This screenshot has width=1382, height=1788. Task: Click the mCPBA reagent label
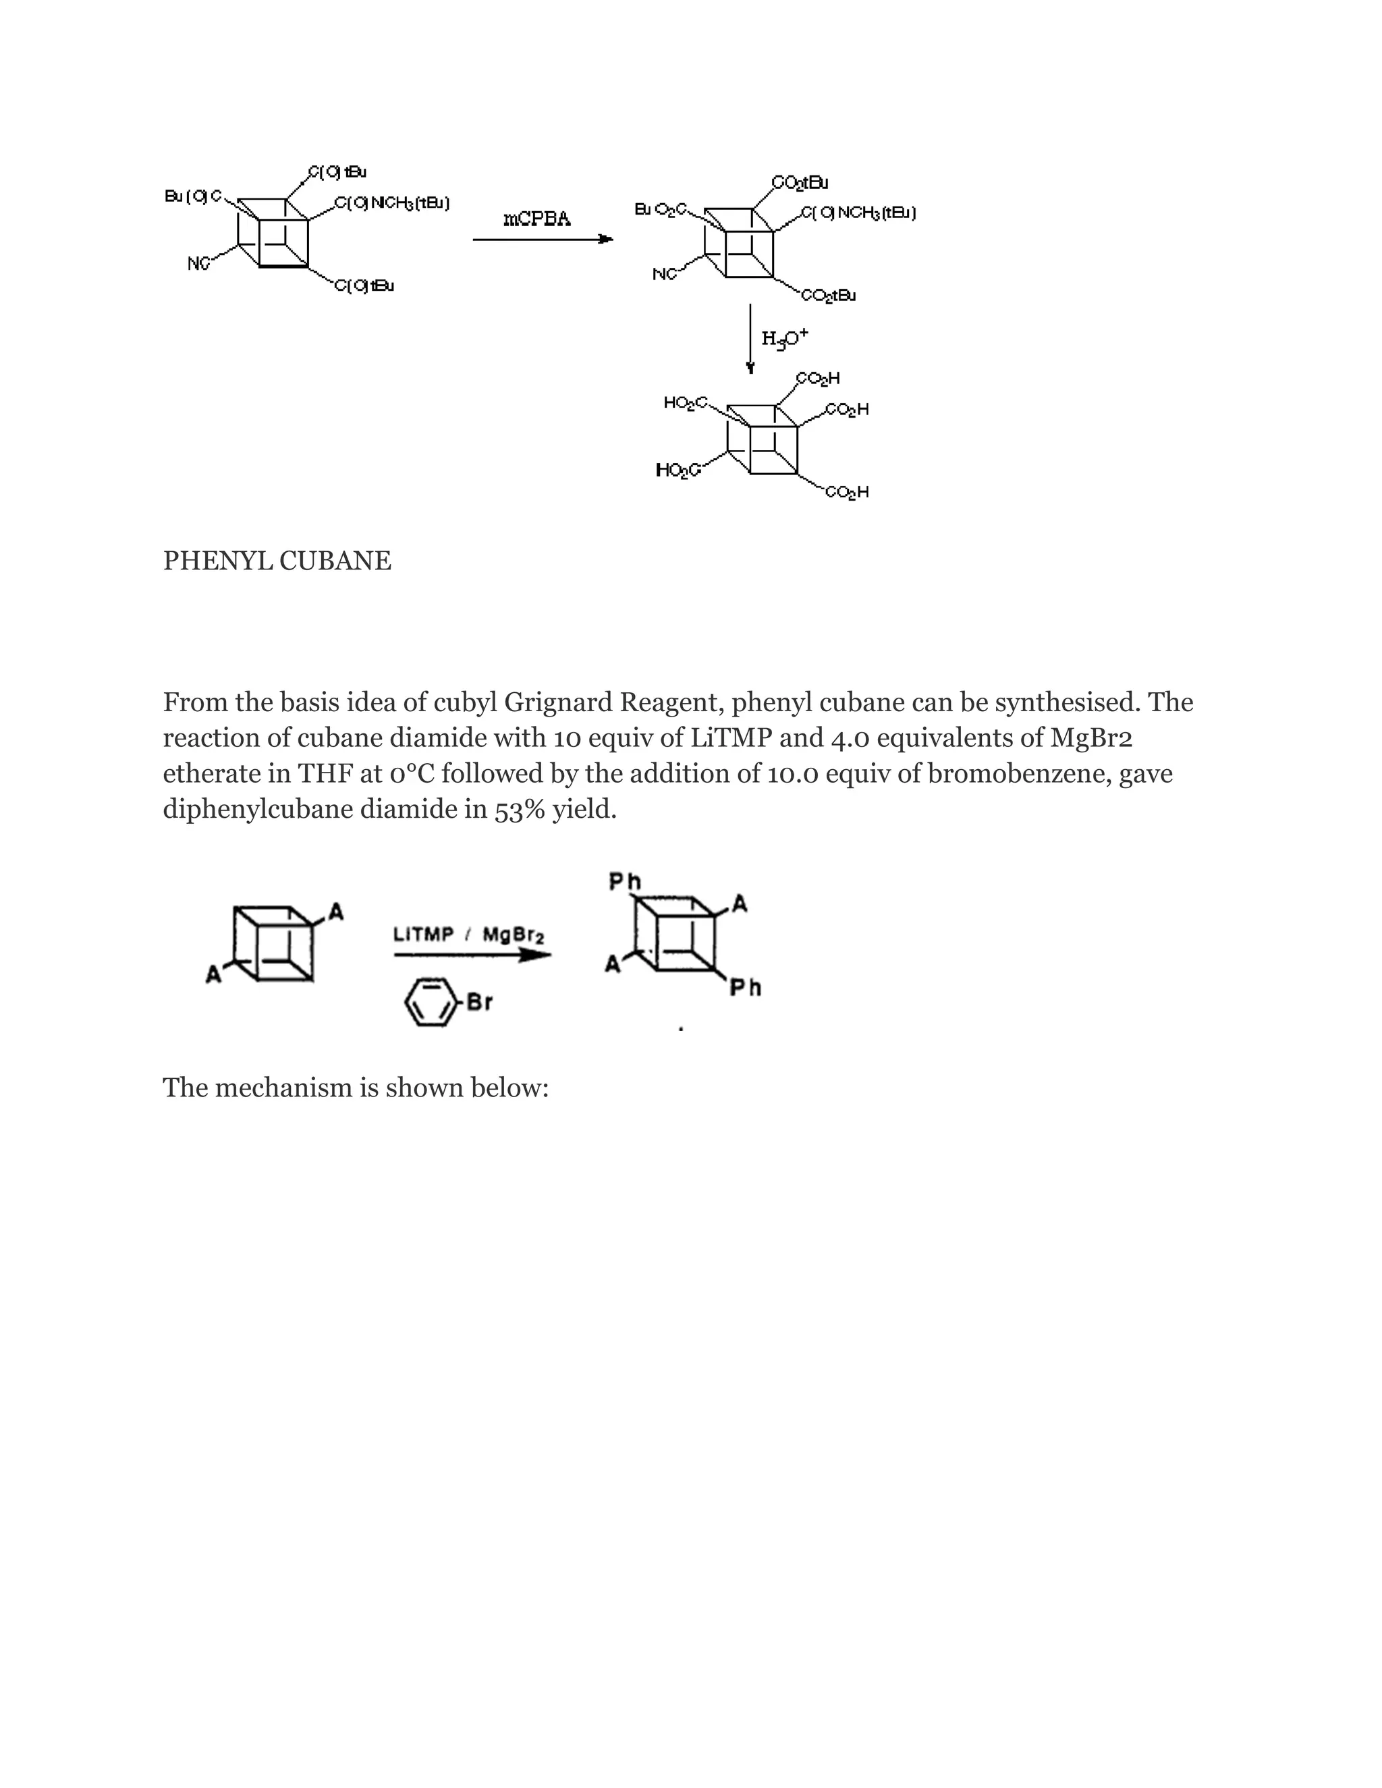point(537,219)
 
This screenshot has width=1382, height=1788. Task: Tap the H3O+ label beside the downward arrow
point(784,337)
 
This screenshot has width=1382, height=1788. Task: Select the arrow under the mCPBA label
point(543,239)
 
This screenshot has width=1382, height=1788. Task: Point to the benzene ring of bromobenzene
point(430,1002)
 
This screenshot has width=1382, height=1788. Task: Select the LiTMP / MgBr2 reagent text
point(468,934)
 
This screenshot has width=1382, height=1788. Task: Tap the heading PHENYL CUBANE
point(277,561)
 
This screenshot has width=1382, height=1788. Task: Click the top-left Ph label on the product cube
point(625,881)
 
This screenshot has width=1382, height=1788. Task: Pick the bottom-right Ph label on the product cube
point(745,988)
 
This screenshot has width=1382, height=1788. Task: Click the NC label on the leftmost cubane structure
point(198,264)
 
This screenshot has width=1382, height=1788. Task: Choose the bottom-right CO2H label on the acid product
point(847,492)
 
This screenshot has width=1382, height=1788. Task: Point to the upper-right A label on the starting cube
point(335,911)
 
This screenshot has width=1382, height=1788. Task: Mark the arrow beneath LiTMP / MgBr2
point(472,955)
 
